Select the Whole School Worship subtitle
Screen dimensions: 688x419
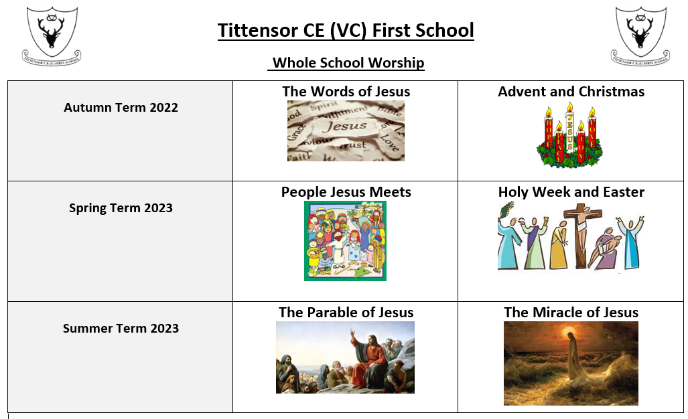(348, 63)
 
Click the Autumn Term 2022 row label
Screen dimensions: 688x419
(121, 107)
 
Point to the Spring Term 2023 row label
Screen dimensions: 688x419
(121, 207)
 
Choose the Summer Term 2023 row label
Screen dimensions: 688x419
(121, 328)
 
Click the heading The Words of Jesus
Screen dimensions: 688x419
(346, 91)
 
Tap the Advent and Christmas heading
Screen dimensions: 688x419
(571, 91)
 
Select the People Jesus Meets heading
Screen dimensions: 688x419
(346, 192)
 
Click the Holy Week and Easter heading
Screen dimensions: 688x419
(571, 192)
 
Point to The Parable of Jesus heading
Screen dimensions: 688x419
(346, 312)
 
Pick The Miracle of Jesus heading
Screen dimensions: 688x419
(571, 312)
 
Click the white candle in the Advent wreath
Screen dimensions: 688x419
(569, 129)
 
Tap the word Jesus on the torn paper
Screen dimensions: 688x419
(345, 127)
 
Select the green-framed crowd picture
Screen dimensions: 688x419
(345, 240)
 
